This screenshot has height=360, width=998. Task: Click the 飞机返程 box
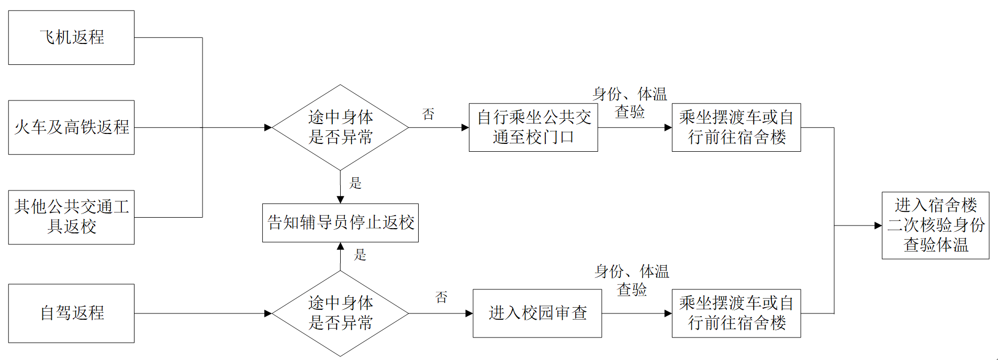[x=71, y=38]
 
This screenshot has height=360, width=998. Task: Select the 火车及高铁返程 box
[x=71, y=127]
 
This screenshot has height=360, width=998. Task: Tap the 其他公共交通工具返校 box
[x=71, y=217]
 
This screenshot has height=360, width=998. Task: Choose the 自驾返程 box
[x=71, y=313]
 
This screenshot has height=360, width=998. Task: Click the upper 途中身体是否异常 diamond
[x=340, y=127]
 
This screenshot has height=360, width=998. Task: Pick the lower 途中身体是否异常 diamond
[x=340, y=313]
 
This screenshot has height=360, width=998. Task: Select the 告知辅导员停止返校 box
[x=340, y=223]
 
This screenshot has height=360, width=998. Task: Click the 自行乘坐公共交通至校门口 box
[x=533, y=127]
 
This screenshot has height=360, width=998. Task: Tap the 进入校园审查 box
[x=537, y=313]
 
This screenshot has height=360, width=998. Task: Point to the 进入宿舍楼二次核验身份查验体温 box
[x=935, y=226]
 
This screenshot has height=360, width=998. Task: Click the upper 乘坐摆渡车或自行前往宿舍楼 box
[x=736, y=127]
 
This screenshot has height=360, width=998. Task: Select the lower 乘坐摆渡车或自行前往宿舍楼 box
[x=736, y=313]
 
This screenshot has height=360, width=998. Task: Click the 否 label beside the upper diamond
[x=429, y=114]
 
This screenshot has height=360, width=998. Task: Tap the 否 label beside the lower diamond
[x=442, y=298]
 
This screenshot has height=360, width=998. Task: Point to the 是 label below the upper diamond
[x=356, y=183]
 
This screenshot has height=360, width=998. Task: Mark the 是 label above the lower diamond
[x=360, y=255]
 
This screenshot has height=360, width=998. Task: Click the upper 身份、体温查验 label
[x=630, y=103]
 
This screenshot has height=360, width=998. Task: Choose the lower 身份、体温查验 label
[x=632, y=280]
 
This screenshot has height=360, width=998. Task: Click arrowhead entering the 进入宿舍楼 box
[x=878, y=226]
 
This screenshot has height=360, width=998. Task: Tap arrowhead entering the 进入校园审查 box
[x=469, y=313]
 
